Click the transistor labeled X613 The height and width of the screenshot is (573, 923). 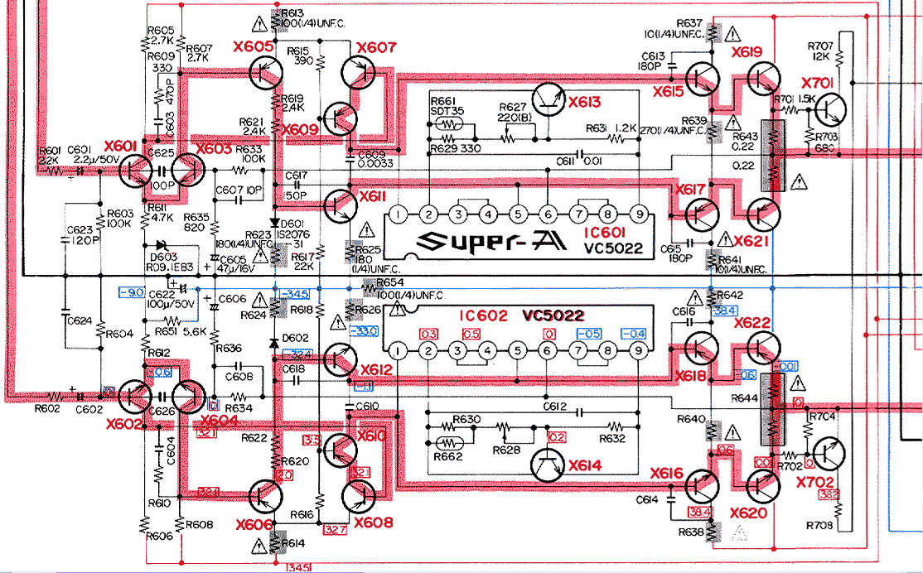pos(548,99)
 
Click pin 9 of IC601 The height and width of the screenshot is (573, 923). pos(639,215)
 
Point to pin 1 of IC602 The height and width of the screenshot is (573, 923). pos(399,352)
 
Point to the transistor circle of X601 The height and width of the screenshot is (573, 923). pos(135,170)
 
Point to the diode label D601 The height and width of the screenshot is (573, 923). pos(292,224)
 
